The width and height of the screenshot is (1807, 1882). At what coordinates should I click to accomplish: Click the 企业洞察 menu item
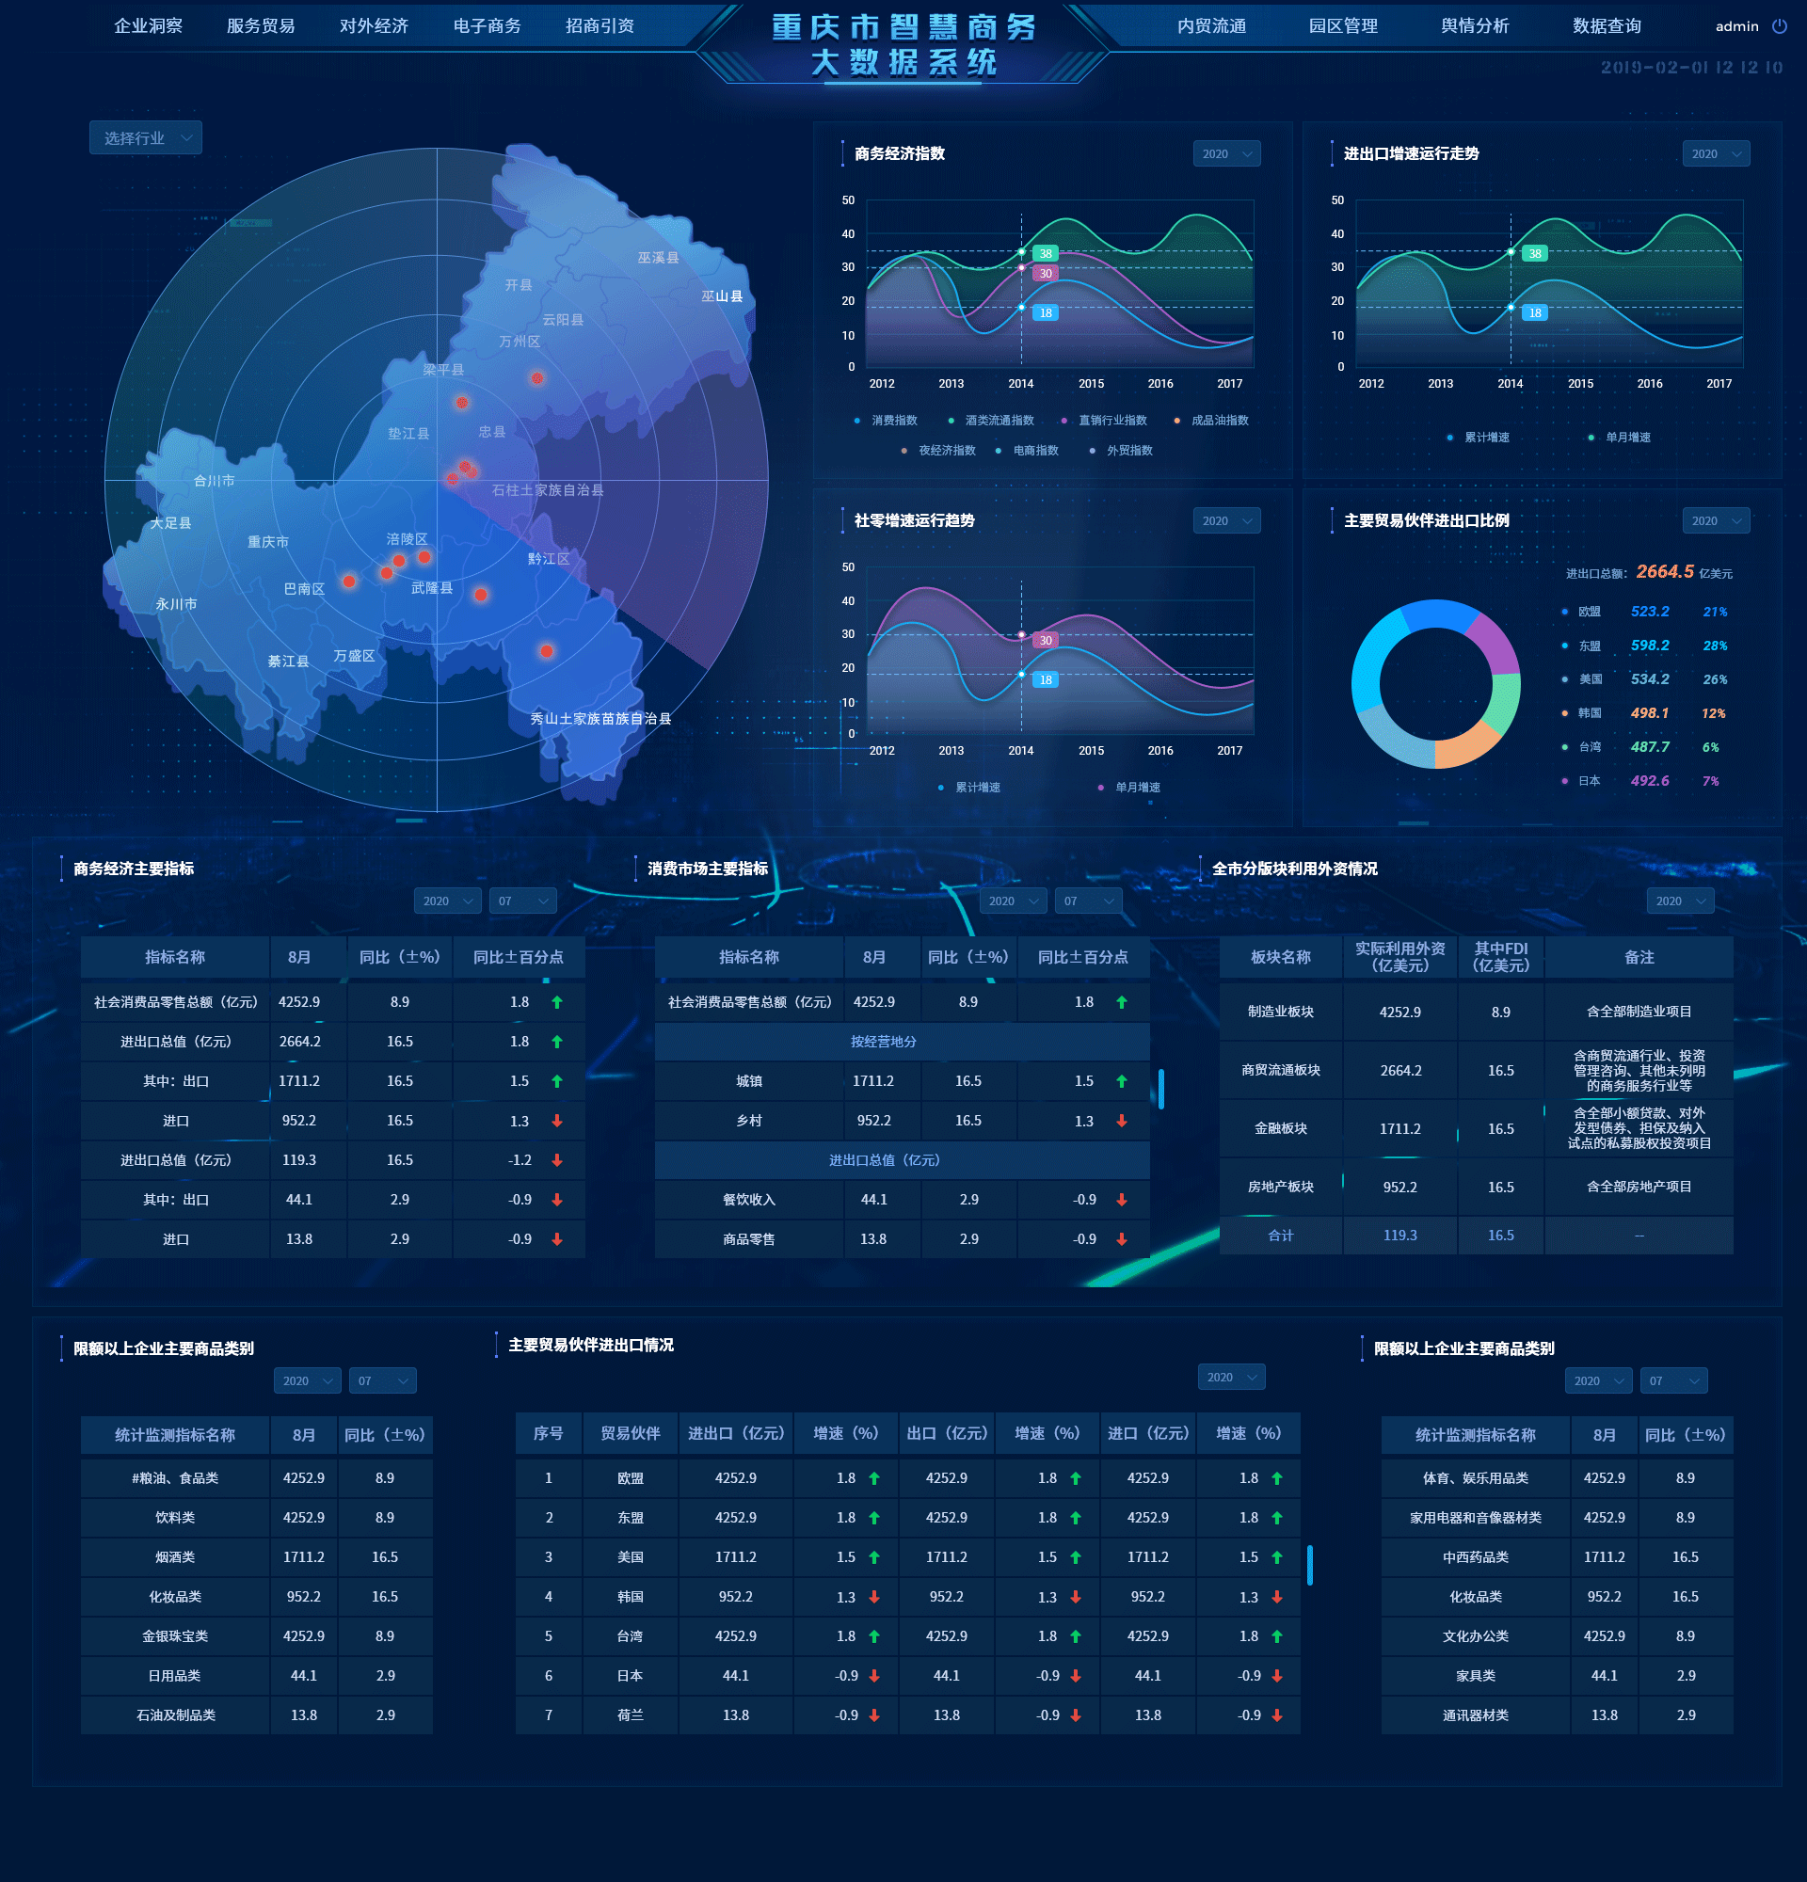pyautogui.click(x=148, y=26)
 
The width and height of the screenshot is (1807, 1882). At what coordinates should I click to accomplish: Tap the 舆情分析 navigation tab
pyautogui.click(x=1475, y=26)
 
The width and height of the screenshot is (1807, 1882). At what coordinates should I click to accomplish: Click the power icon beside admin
pyautogui.click(x=1779, y=26)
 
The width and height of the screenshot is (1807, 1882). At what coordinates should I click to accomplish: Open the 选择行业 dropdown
pyautogui.click(x=146, y=138)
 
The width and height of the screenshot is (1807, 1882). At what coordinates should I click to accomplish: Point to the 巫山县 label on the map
pyautogui.click(x=722, y=296)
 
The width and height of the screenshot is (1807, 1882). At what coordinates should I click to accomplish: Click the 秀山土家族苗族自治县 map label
pyautogui.click(x=601, y=718)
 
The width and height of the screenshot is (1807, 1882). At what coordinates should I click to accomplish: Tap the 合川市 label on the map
pyautogui.click(x=215, y=481)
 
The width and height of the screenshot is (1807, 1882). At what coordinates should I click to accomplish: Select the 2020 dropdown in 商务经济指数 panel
pyautogui.click(x=1226, y=153)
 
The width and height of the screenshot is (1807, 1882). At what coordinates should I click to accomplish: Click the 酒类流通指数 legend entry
pyautogui.click(x=999, y=421)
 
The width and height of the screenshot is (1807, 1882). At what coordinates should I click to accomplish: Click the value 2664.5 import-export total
pyautogui.click(x=1664, y=572)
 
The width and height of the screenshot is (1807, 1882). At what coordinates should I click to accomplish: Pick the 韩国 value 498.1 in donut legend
pyautogui.click(x=1650, y=713)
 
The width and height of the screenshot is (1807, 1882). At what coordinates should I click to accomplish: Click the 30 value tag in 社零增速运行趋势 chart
pyautogui.click(x=1046, y=641)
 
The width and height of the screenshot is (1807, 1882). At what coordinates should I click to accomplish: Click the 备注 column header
pyautogui.click(x=1639, y=957)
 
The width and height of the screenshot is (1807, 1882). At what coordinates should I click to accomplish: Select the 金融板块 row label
pyautogui.click(x=1281, y=1128)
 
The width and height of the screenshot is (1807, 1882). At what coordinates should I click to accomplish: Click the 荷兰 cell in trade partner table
pyautogui.click(x=630, y=1715)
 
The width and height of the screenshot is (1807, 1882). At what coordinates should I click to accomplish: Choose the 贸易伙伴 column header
pyautogui.click(x=630, y=1433)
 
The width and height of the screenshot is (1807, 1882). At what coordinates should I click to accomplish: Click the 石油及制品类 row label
pyautogui.click(x=176, y=1715)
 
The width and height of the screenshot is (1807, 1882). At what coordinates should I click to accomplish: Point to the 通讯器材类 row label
pyautogui.click(x=1475, y=1715)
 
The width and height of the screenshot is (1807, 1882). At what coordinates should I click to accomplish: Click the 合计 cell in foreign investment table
pyautogui.click(x=1281, y=1236)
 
